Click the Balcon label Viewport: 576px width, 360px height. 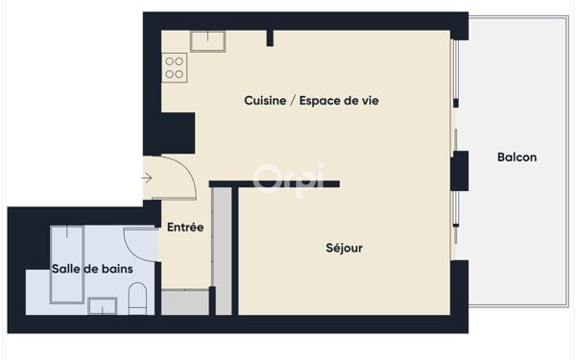[516, 157]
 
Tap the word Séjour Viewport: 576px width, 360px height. [345, 248]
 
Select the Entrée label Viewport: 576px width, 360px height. [185, 227]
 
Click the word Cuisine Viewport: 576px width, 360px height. [265, 100]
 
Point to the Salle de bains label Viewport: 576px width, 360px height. [92, 269]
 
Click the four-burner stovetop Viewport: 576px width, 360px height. [175, 67]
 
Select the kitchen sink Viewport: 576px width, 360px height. [208, 41]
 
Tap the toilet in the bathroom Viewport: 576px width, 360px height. [137, 299]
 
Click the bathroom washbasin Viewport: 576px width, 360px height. [103, 306]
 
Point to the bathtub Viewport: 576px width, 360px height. [67, 265]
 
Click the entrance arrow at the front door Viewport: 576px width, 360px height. [147, 179]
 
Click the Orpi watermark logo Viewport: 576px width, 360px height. [289, 178]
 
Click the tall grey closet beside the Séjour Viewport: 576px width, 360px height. [223, 252]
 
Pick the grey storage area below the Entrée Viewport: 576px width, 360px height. [185, 302]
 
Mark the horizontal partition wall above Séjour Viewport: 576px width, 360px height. [275, 183]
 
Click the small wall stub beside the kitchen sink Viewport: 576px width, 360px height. [270, 38]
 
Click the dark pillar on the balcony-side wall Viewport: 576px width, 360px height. [460, 171]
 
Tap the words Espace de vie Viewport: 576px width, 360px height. [339, 100]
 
